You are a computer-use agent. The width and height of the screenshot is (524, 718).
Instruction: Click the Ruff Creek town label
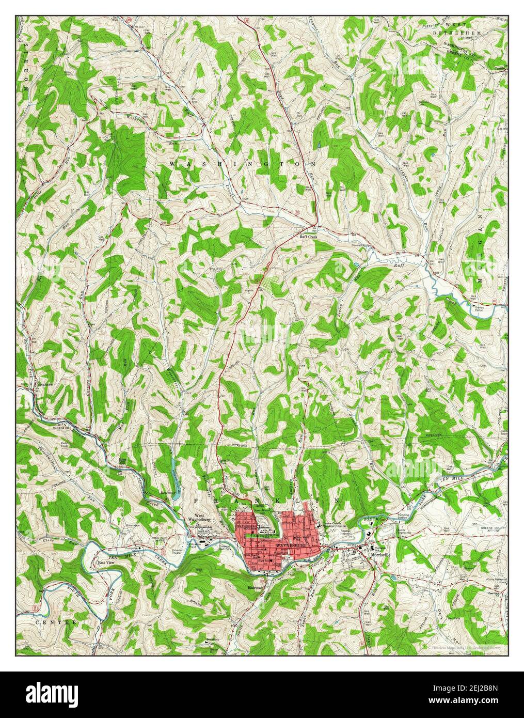tap(308, 237)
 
